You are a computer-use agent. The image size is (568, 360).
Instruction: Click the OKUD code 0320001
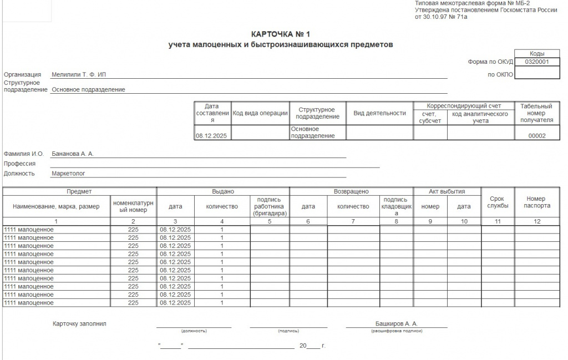536,62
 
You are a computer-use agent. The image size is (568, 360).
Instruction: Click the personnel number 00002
536,135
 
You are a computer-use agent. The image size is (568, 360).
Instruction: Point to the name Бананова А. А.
73,154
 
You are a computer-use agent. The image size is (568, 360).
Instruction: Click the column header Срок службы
498,202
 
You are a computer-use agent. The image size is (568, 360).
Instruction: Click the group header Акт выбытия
447,191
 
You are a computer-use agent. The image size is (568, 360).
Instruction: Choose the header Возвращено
351,191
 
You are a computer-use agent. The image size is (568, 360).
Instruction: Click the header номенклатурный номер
133,206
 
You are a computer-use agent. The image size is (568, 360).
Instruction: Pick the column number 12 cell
537,221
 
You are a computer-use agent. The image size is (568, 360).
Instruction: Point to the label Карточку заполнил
79,323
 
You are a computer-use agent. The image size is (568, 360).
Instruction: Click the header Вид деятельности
379,113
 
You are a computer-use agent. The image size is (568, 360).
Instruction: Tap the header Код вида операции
260,113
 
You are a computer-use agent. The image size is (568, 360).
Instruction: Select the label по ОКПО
500,74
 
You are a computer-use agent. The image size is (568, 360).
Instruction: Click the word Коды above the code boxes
536,53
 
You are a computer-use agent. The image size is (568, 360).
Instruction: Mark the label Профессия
19,164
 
